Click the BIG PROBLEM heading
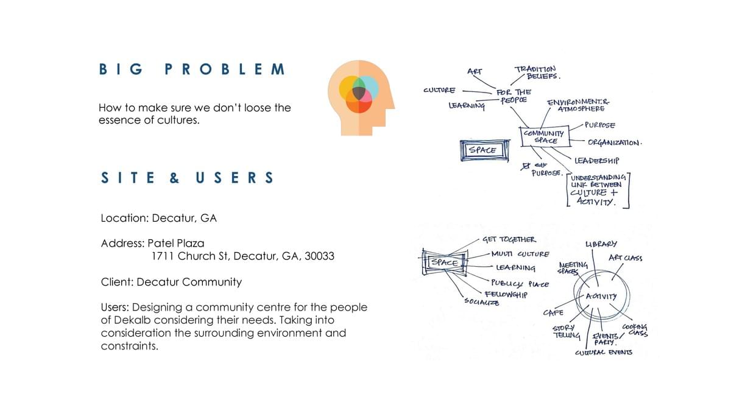point(191,69)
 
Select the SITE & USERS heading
point(187,178)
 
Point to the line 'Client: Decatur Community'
point(171,282)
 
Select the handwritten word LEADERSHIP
point(596,161)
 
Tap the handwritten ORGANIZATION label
point(615,142)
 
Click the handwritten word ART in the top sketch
point(475,71)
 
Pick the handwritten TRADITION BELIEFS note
point(537,72)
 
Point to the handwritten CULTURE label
point(439,90)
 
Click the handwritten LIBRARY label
point(601,244)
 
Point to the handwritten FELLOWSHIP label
point(505,293)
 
